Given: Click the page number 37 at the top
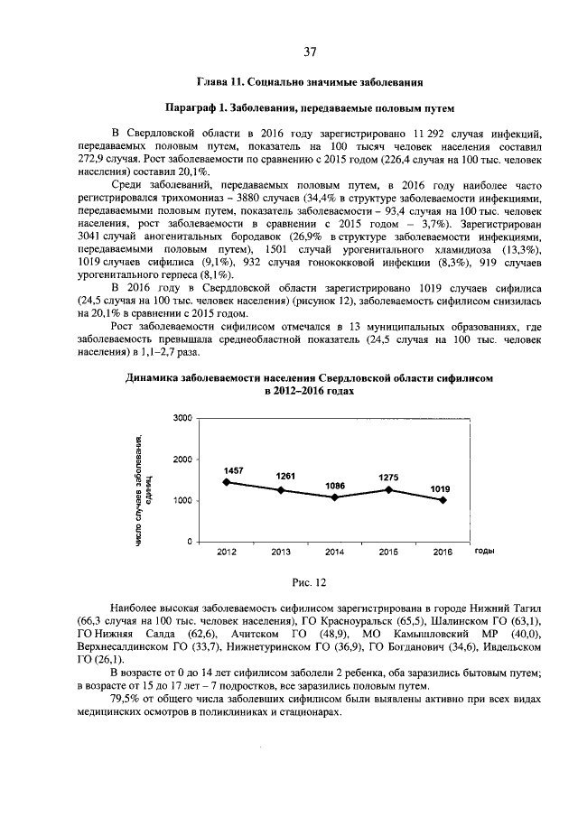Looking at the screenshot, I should (x=310, y=50).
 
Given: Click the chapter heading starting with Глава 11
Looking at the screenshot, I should (x=310, y=83).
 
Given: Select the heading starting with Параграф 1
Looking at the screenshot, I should (x=310, y=108).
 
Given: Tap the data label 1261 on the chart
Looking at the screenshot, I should (x=285, y=477).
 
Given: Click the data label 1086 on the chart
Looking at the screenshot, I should (x=336, y=486).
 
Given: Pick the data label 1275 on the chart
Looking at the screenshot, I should (x=387, y=478).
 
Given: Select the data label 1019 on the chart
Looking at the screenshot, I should (x=440, y=488).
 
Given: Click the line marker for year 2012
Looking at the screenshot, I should (x=225, y=482).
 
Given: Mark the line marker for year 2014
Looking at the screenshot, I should (x=335, y=497).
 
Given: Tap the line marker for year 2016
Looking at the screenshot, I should (x=443, y=500).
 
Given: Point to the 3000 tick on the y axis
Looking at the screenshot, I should (x=182, y=419).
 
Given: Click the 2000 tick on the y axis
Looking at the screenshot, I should (x=182, y=460).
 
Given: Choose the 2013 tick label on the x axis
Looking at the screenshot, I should (x=280, y=551).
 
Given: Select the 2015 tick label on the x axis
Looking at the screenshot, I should (x=389, y=551).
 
